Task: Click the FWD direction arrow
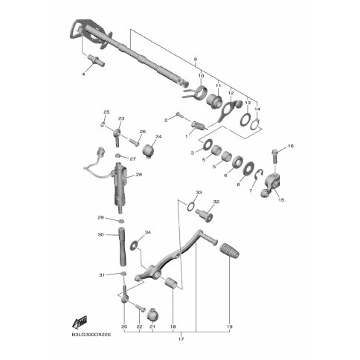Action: click(x=79, y=321)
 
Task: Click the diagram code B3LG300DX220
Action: click(x=91, y=335)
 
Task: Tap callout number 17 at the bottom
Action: click(x=181, y=339)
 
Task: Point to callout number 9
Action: click(x=196, y=60)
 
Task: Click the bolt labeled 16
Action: click(x=275, y=156)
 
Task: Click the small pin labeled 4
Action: click(x=97, y=60)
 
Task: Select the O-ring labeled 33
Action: click(x=190, y=207)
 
